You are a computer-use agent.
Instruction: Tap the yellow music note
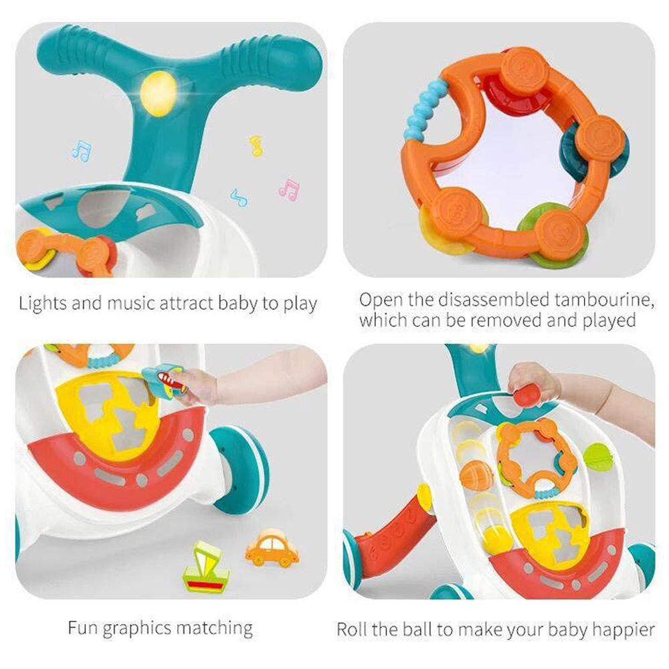click(x=256, y=145)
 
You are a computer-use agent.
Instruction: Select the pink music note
click(x=289, y=189)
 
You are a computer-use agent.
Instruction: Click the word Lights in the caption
click(x=43, y=303)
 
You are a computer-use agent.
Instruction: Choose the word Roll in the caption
click(x=353, y=629)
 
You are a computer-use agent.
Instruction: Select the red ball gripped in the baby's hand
click(x=527, y=396)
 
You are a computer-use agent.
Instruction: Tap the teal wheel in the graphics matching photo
click(x=242, y=468)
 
